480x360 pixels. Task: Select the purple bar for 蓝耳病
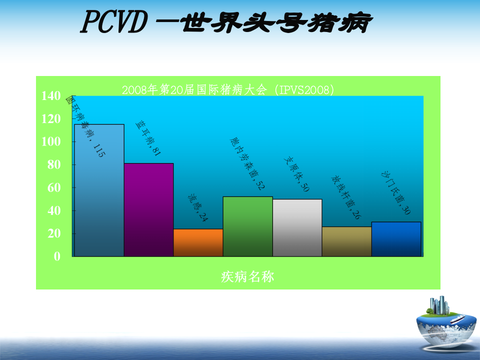[148, 210]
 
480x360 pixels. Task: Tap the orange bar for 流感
[198, 243]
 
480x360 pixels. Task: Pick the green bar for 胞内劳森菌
[247, 226]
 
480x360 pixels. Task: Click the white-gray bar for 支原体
[297, 228]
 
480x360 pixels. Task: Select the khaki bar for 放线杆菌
[346, 241]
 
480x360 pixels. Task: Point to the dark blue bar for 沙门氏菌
[396, 239]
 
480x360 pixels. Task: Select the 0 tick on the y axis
[57, 256]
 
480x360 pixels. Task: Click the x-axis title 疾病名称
[247, 276]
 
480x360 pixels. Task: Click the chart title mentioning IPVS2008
[227, 89]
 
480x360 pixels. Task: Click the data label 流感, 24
[198, 208]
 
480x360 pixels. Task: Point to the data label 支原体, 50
[296, 175]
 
